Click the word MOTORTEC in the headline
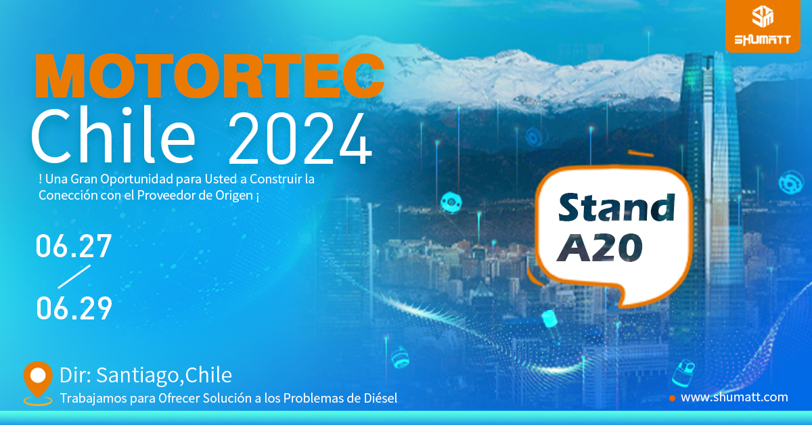click(210, 76)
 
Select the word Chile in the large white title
click(113, 135)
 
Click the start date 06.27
click(74, 246)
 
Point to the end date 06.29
click(74, 308)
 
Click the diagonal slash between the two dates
click(74, 277)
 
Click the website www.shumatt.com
click(734, 397)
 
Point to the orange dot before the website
click(672, 398)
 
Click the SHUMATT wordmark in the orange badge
click(763, 39)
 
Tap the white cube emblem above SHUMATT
click(763, 16)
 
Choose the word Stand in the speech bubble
click(616, 207)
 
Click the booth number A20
click(600, 248)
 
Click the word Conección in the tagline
click(68, 195)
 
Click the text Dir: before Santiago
click(75, 375)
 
